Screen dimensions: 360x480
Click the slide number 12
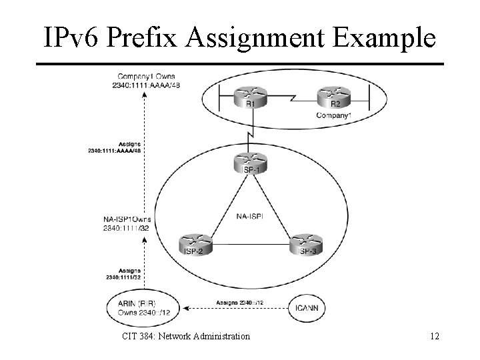[435, 336]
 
